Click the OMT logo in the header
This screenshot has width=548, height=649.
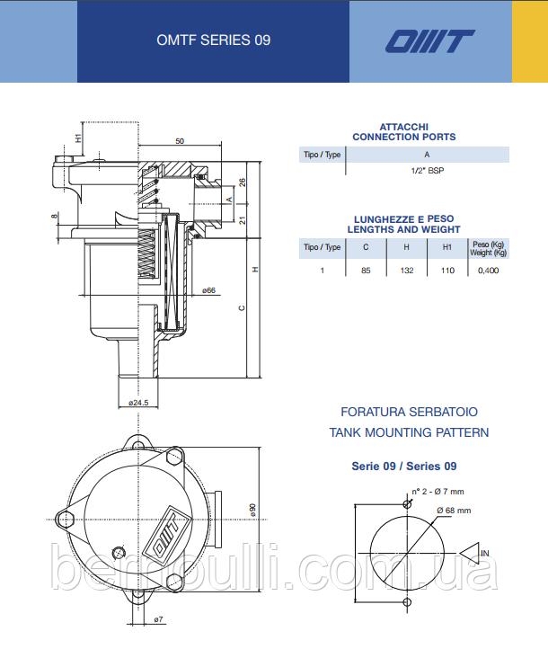(x=430, y=41)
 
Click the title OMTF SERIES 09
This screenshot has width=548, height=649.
(x=214, y=40)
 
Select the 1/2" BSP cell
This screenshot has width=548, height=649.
(x=428, y=171)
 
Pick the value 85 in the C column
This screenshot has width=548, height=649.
(x=366, y=271)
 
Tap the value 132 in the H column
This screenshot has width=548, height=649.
(x=407, y=271)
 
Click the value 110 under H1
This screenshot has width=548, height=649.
(x=447, y=271)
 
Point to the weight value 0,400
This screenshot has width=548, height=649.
(x=488, y=271)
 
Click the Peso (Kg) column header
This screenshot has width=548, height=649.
(x=488, y=244)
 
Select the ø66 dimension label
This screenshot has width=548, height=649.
(x=208, y=290)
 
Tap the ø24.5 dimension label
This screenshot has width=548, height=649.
(x=138, y=403)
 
